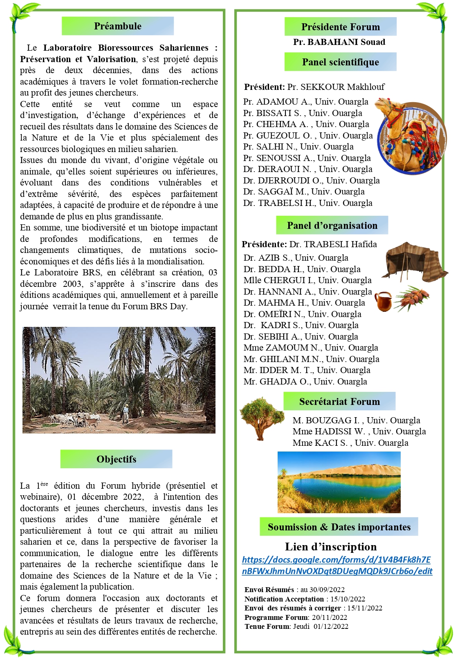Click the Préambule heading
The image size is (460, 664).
118,26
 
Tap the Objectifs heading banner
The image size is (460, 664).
117,459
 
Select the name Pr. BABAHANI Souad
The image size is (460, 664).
339,42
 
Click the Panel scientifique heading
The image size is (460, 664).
340,62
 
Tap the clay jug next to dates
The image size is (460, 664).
383,302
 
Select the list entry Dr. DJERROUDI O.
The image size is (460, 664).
311,181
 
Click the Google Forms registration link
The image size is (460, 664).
337,565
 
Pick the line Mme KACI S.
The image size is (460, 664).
350,443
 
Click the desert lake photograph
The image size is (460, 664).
339,482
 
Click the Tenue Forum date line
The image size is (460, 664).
296,626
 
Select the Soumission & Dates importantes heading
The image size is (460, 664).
339,527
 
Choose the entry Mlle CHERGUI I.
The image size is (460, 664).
307,280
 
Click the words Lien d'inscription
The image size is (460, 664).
331,547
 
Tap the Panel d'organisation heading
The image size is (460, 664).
332,226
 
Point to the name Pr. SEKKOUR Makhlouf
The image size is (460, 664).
336,87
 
